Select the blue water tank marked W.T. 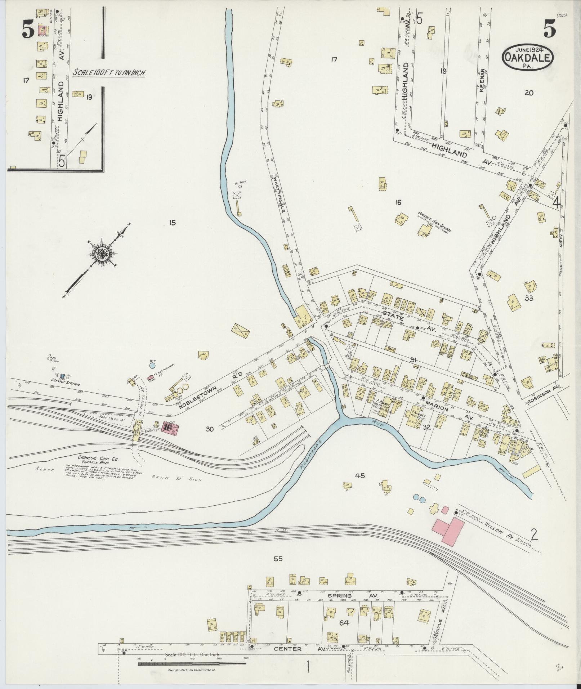pyautogui.click(x=152, y=365)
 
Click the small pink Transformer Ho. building pyautogui.click(x=150, y=378)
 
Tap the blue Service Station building pyautogui.click(x=62, y=376)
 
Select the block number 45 pyautogui.click(x=360, y=476)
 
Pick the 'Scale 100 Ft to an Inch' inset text pyautogui.click(x=109, y=72)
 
